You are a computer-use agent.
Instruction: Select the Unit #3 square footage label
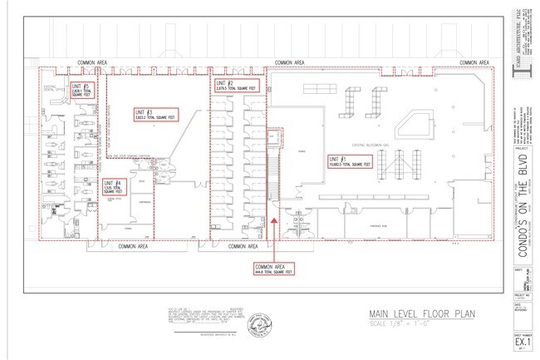click(155, 113)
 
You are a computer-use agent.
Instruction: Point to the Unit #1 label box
click(348, 161)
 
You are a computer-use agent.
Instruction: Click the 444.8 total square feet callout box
click(273, 267)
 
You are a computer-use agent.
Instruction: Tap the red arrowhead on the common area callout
click(273, 222)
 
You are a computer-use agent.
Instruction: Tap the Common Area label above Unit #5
click(91, 62)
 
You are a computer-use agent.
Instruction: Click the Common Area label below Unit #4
click(133, 247)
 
